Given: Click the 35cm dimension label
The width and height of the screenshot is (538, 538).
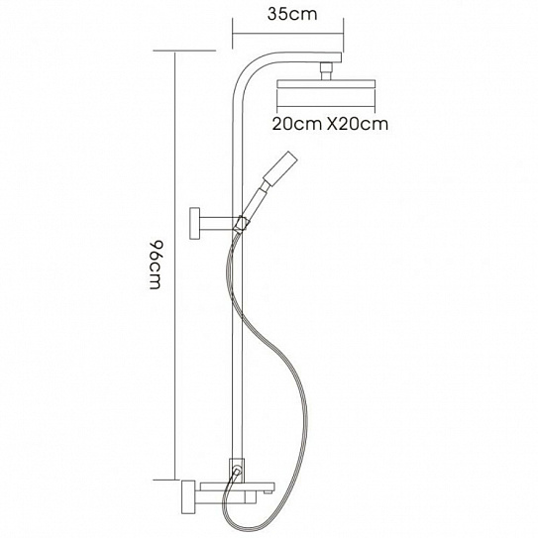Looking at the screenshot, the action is (x=292, y=15).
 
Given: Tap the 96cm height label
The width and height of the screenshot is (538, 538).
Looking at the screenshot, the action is (x=156, y=265).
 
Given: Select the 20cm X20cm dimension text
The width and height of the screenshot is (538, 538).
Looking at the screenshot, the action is (x=330, y=124).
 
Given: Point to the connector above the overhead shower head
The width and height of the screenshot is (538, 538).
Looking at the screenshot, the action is (x=326, y=71).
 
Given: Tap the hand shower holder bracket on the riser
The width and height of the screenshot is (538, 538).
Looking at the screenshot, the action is (x=241, y=223).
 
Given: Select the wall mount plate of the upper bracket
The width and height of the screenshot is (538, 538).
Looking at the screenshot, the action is (x=196, y=223).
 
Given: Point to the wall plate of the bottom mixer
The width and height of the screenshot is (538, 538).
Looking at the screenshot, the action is (x=187, y=496).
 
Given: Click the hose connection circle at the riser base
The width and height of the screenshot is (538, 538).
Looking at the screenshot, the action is (x=236, y=470).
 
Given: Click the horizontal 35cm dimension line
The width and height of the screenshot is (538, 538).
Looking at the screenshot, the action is (x=288, y=34).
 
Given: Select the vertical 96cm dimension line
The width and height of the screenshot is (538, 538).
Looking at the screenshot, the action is (x=175, y=266).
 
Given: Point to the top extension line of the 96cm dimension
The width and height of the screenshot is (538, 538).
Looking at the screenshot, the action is (x=184, y=51).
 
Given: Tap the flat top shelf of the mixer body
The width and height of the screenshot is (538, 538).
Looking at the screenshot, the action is (x=238, y=486).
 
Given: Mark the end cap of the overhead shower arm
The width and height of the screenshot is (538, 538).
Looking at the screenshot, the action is (x=338, y=57).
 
